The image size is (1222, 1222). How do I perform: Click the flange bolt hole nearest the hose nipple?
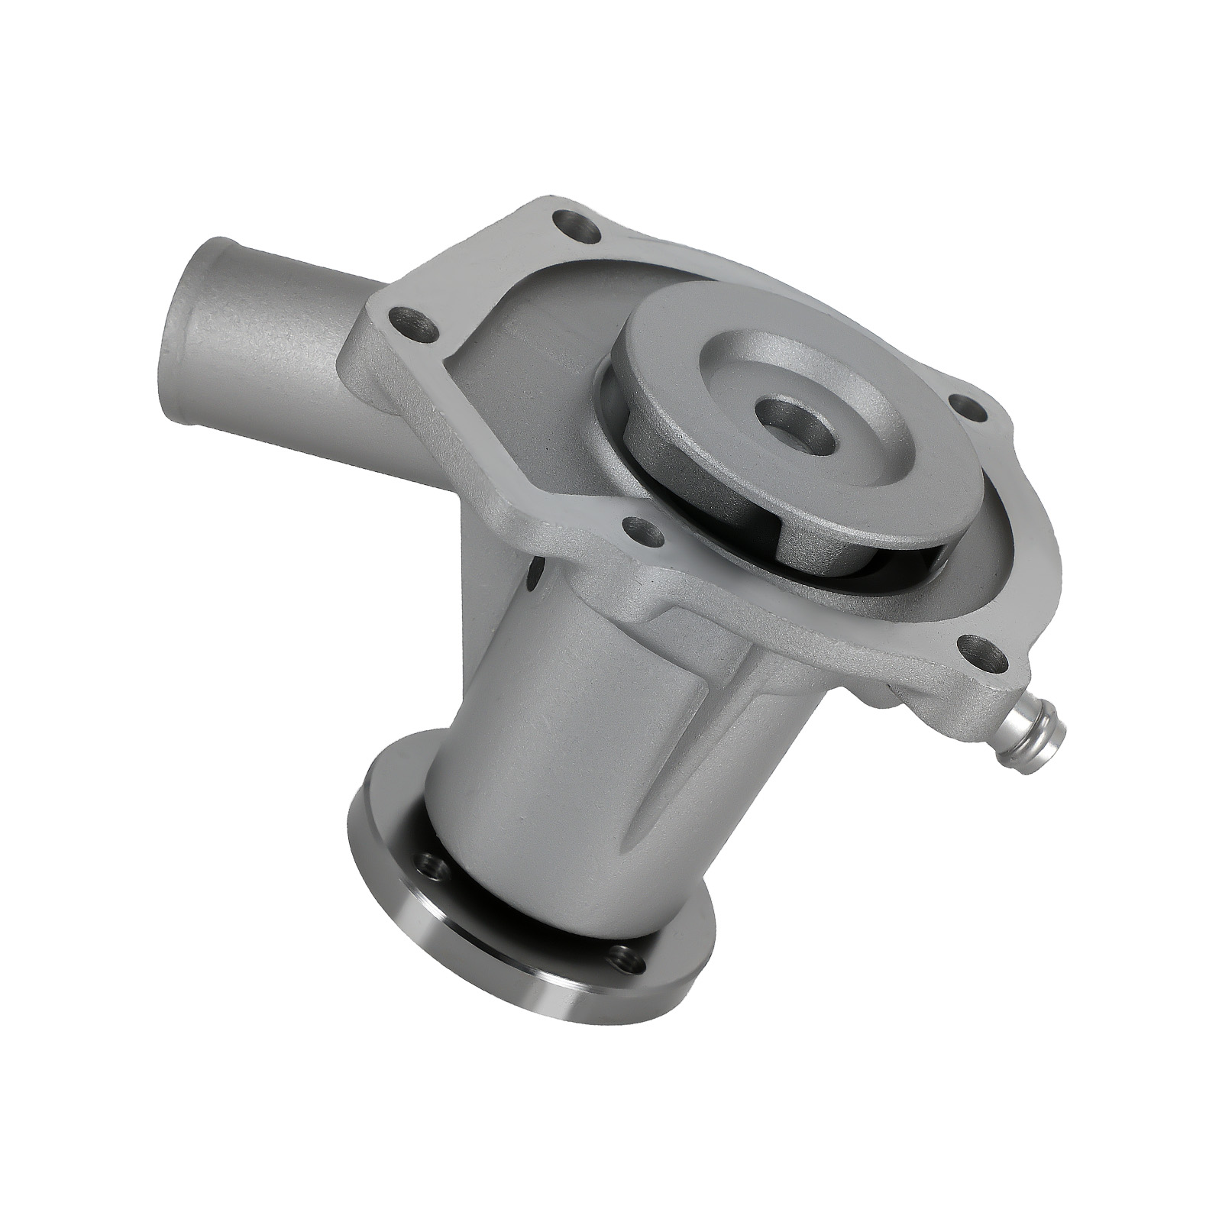point(984,650)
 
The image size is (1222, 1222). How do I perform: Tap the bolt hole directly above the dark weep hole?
point(638,528)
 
